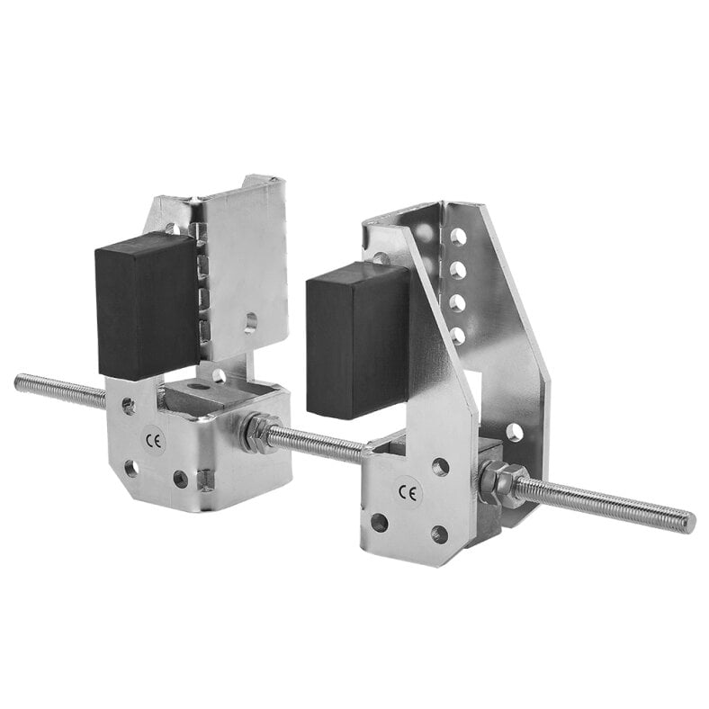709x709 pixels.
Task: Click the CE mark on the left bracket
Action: (x=153, y=442)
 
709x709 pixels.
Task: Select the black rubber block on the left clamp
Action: (x=147, y=305)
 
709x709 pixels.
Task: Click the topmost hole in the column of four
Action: (x=459, y=237)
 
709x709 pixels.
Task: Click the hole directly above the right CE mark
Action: (x=440, y=466)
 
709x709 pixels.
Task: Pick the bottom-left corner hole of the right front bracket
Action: (x=380, y=523)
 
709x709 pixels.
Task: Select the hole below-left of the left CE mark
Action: (x=131, y=468)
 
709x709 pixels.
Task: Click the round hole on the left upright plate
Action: (x=250, y=322)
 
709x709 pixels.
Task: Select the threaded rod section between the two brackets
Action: (x=315, y=442)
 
